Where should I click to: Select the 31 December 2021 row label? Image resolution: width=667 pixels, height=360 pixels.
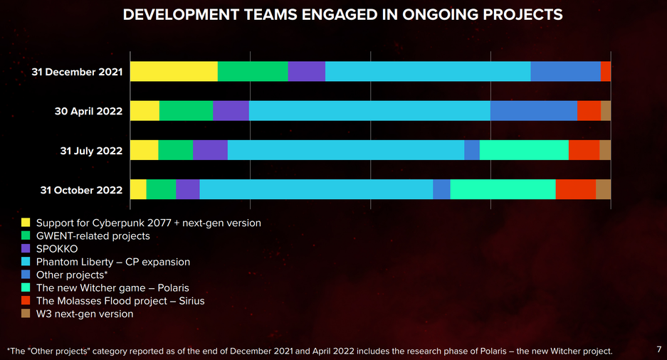[77, 72]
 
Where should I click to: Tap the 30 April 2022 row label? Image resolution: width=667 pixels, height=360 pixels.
[88, 111]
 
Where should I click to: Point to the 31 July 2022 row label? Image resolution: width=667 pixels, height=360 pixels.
[91, 151]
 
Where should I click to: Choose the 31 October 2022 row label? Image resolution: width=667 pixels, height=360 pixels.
[81, 190]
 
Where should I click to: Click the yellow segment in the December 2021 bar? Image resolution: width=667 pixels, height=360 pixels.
[174, 72]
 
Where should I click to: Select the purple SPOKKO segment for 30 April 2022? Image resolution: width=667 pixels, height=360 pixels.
[231, 111]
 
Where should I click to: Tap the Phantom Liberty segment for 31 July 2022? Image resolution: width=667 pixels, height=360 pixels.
[345, 150]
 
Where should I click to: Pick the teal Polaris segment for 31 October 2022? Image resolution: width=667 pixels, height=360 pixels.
[503, 189]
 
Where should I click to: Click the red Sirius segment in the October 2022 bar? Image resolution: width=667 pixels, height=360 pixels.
[575, 189]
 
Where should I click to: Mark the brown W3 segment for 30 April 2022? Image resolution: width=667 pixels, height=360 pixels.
[606, 111]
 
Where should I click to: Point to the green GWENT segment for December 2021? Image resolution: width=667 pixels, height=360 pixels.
[253, 72]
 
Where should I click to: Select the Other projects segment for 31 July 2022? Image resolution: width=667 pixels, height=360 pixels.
[472, 150]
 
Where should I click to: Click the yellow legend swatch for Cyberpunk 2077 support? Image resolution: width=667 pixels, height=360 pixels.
[26, 223]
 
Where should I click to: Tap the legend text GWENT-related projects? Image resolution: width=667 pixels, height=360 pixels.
[93, 235]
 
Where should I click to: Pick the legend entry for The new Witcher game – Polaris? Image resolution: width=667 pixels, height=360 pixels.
[112, 287]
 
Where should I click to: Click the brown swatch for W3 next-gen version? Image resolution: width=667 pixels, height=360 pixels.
[26, 313]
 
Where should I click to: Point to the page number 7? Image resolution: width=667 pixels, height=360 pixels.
[658, 349]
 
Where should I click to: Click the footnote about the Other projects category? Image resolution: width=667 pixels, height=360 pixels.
[309, 351]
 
